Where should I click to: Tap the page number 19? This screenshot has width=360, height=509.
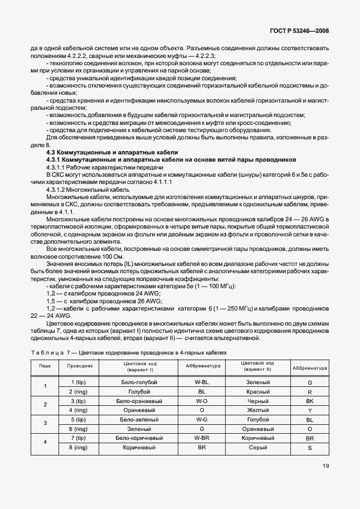pyautogui.click(x=325, y=483)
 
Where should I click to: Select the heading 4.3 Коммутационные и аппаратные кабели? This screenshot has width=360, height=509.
pyautogui.click(x=112, y=152)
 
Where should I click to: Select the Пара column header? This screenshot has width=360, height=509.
pyautogui.click(x=45, y=367)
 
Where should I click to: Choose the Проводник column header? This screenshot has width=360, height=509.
pyautogui.click(x=83, y=367)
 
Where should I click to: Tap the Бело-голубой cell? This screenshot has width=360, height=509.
pyautogui.click(x=139, y=382)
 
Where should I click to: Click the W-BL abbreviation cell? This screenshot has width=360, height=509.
pyautogui.click(x=202, y=382)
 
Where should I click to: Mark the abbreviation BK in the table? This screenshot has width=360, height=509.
pyautogui.click(x=310, y=401)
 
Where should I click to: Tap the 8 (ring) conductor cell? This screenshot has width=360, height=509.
pyautogui.click(x=80, y=448)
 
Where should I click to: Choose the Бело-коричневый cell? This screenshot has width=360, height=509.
pyautogui.click(x=139, y=439)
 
